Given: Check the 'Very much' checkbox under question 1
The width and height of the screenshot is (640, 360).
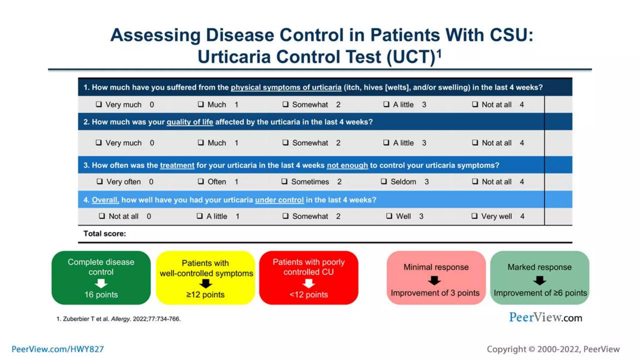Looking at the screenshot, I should [x=99, y=104].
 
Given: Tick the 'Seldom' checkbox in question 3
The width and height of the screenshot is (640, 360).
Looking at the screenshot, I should [x=384, y=181].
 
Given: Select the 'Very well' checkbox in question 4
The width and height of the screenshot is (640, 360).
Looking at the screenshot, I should [x=474, y=216].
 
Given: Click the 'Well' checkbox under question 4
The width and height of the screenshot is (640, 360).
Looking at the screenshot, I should [x=389, y=216].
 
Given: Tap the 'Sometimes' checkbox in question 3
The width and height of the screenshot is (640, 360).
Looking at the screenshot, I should [x=284, y=181].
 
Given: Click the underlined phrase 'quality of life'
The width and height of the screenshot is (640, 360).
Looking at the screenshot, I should [x=190, y=122].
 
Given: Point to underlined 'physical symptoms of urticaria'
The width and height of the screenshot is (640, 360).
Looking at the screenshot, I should [x=286, y=87].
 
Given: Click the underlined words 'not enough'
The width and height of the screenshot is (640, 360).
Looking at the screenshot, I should [x=347, y=165].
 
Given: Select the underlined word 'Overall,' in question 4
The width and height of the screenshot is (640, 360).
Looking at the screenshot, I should [x=105, y=200].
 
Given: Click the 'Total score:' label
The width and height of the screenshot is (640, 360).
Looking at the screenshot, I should [x=105, y=233].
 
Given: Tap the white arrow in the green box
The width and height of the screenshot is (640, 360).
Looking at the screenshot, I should [x=101, y=283].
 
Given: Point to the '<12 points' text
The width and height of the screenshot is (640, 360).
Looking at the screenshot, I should [x=308, y=295].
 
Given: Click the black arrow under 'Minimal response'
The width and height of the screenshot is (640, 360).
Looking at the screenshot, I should [x=434, y=280].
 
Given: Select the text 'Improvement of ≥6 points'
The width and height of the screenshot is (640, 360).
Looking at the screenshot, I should [x=540, y=293].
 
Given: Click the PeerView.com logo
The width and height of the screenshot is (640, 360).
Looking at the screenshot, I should [x=545, y=317].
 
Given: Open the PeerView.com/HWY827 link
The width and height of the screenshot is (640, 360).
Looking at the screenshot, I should [x=58, y=349].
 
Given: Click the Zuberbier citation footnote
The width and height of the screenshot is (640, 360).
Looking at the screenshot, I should [x=118, y=319].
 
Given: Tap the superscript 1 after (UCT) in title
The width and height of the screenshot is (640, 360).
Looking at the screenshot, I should [x=439, y=53].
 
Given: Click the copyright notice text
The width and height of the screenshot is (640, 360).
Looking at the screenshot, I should [x=553, y=349].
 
